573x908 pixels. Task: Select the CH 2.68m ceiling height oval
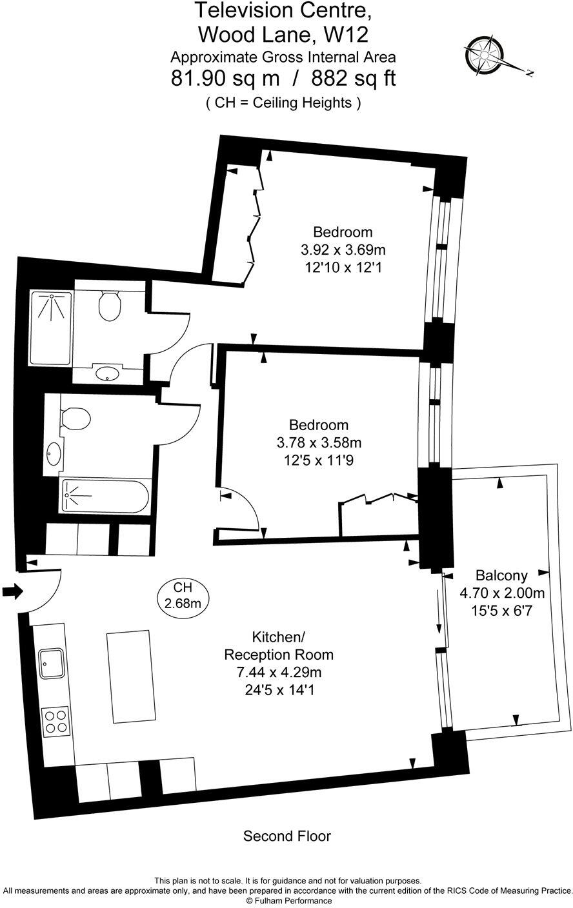tap(183, 595)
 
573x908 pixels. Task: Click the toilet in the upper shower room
tap(110, 306)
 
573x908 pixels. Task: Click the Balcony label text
tap(501, 575)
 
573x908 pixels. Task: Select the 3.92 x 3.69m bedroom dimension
tap(343, 249)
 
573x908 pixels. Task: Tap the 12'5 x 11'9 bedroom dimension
tap(318, 460)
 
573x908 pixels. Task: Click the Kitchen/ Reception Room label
tap(279, 646)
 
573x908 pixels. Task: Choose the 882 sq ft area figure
tap(353, 79)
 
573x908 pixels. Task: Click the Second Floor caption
tap(286, 836)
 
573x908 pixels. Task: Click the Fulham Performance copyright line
tap(286, 901)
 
